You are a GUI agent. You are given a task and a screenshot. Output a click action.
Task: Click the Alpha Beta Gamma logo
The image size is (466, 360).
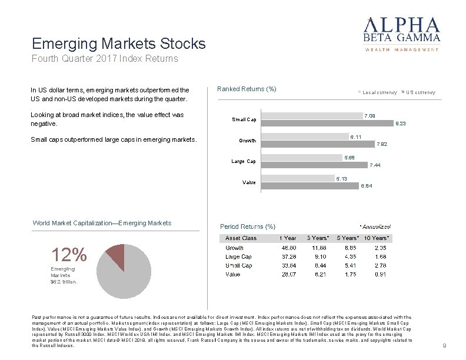(x=402, y=34)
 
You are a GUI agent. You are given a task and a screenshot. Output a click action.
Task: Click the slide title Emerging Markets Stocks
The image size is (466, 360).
(x=119, y=44)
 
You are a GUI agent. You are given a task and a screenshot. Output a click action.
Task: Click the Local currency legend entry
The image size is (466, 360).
(x=378, y=92)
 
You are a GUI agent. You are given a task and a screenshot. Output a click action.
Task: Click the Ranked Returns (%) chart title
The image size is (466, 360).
(x=247, y=89)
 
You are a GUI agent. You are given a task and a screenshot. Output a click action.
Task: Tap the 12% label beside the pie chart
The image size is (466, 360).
(x=69, y=255)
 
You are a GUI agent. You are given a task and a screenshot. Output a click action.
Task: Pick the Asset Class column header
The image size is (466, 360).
(x=241, y=238)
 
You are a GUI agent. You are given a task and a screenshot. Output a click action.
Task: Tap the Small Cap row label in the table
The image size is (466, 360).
(x=239, y=265)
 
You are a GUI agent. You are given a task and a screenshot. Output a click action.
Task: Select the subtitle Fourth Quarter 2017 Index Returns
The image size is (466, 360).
(x=105, y=59)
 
